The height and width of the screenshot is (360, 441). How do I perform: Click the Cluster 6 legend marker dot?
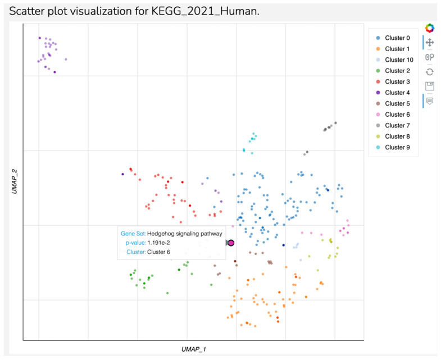pyautogui.click(x=378, y=115)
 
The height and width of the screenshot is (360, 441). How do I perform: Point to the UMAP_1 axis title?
pyautogui.click(x=193, y=349)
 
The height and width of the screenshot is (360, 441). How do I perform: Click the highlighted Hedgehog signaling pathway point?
pyautogui.click(x=231, y=243)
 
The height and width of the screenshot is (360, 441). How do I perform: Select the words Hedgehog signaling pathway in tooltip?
pyautogui.click(x=185, y=233)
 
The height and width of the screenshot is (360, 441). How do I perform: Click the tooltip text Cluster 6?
pyautogui.click(x=158, y=252)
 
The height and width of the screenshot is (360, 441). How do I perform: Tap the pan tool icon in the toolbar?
pyautogui.click(x=430, y=42)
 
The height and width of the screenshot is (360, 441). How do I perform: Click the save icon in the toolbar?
pyautogui.click(x=430, y=86)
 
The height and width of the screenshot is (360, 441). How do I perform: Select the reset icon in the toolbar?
pyautogui.click(x=430, y=71)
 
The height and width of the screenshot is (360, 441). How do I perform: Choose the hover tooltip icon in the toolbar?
pyautogui.click(x=430, y=101)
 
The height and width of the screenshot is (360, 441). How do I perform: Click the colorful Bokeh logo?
pyautogui.click(x=430, y=28)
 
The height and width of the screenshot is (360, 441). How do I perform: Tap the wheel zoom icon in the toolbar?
pyautogui.click(x=430, y=57)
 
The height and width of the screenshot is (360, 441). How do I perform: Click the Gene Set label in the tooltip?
pyautogui.click(x=133, y=233)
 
